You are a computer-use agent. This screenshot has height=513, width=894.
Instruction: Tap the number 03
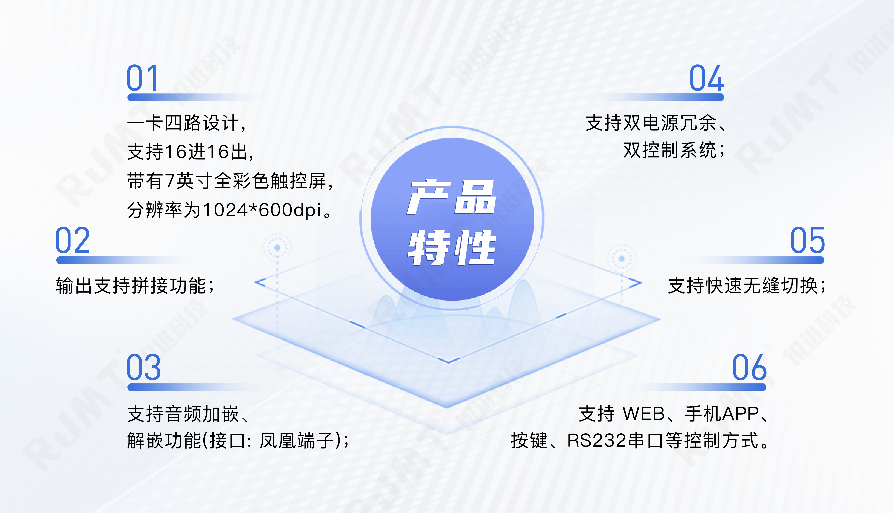pos(144,367)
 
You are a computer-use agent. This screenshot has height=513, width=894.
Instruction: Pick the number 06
pos(749,367)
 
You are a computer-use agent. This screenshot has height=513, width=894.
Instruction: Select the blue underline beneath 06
pos(702,387)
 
